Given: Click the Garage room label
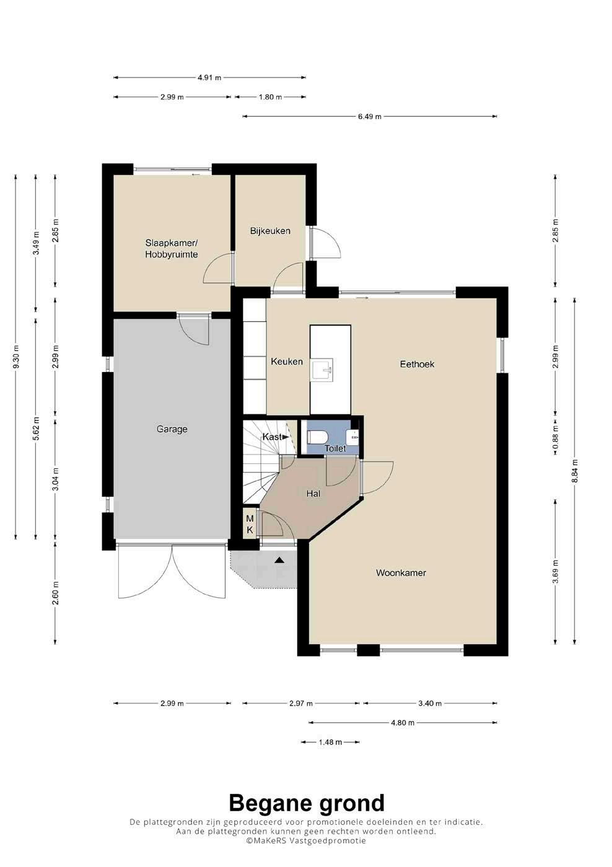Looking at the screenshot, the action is tap(172, 429).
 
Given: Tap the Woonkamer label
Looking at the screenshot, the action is tap(401, 573).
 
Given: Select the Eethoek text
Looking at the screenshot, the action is tap(417, 364).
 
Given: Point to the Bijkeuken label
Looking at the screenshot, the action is tap(270, 231).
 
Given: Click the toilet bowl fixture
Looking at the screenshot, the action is tap(317, 437).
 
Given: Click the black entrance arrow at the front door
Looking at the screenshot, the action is tap(279, 559).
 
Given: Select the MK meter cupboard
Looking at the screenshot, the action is tap(250, 525).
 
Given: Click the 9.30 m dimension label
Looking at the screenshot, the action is tap(16, 356).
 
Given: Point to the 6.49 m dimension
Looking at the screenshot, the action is tap(370, 116).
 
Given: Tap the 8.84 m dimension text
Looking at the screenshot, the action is tap(575, 471).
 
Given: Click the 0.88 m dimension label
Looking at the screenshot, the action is tap(556, 437).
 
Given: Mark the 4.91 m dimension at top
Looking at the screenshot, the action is tap(209, 78).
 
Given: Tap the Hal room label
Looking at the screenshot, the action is tap(313, 494).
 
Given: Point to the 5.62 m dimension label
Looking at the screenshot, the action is tap(36, 429).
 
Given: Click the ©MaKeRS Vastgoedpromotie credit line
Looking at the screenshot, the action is tap(306, 840).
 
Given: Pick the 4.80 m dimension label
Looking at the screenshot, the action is tap(403, 722).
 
